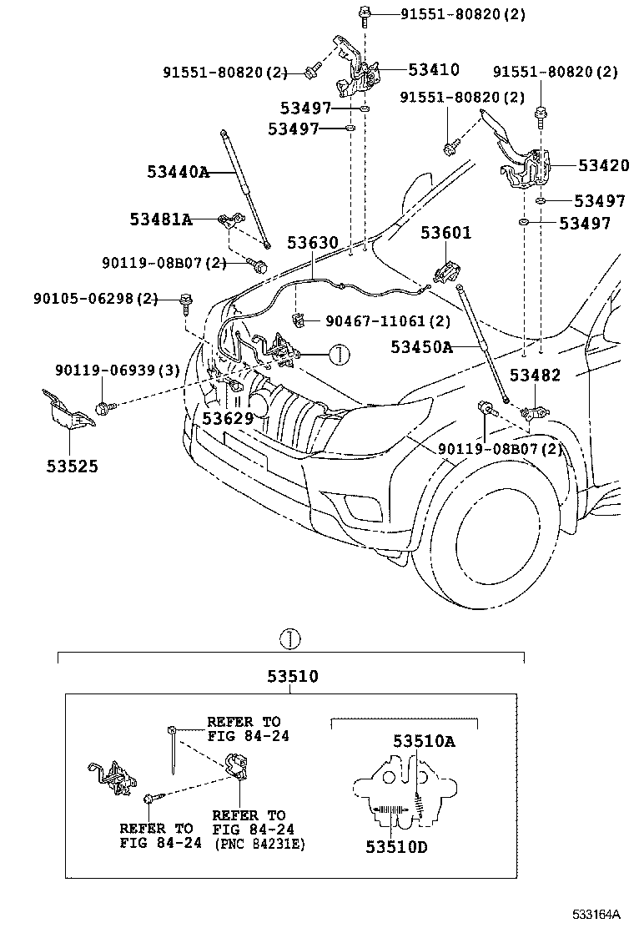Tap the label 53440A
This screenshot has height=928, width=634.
[178, 173]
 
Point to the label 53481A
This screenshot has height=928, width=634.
[160, 219]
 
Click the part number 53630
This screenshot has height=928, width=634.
[313, 243]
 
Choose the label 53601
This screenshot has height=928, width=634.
[445, 234]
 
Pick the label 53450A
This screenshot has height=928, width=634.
[421, 345]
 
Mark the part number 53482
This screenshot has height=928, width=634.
[536, 376]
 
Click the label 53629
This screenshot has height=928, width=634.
[227, 417]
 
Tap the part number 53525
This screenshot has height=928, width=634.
[72, 466]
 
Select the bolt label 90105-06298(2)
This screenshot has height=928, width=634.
[96, 298]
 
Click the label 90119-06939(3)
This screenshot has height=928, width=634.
[118, 371]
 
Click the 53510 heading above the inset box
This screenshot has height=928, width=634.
[293, 677]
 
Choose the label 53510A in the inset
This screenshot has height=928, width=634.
[424, 741]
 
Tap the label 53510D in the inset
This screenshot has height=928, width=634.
[396, 846]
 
